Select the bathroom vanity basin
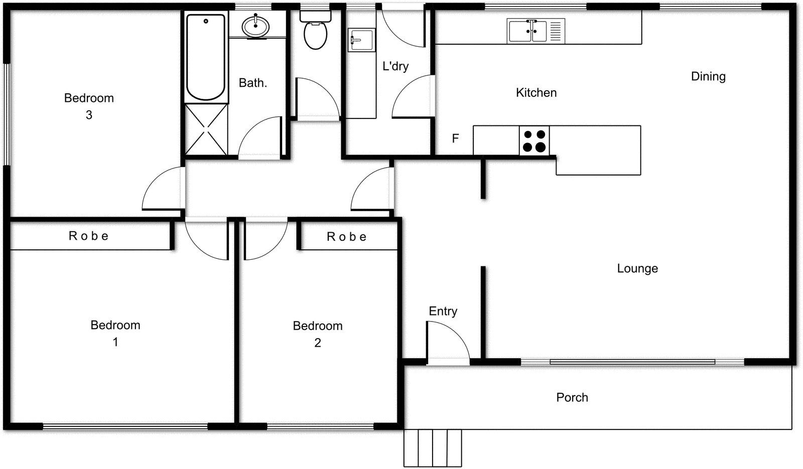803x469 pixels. (x=256, y=26)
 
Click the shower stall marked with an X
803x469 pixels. (x=206, y=129)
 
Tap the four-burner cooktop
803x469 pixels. (x=534, y=141)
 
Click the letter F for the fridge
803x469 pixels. (x=455, y=138)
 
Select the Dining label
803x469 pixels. (x=708, y=77)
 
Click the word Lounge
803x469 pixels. (x=637, y=268)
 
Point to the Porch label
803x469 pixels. (x=572, y=397)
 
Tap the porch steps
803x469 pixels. (x=433, y=448)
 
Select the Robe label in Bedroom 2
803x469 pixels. (x=347, y=237)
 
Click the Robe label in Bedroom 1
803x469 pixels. (x=89, y=236)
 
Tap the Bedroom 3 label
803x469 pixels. (x=89, y=106)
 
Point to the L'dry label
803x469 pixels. (x=395, y=66)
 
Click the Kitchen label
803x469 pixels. (x=536, y=93)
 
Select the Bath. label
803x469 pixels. (x=252, y=83)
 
